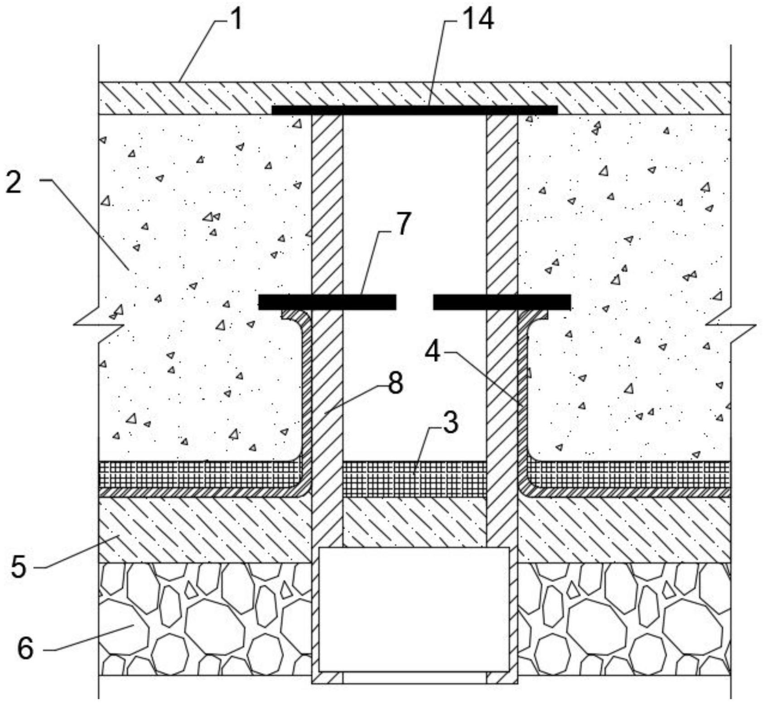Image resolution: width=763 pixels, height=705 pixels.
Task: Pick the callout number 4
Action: (433, 352)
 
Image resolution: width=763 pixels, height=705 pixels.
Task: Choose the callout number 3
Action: (450, 423)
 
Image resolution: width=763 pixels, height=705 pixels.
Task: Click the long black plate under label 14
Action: (415, 110)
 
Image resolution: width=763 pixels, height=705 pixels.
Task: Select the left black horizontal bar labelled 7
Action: (327, 302)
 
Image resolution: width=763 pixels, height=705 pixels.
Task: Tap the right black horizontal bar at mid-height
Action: (502, 302)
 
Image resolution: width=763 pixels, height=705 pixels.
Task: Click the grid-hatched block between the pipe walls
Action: (415, 479)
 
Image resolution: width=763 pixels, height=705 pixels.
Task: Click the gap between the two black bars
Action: (415, 302)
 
